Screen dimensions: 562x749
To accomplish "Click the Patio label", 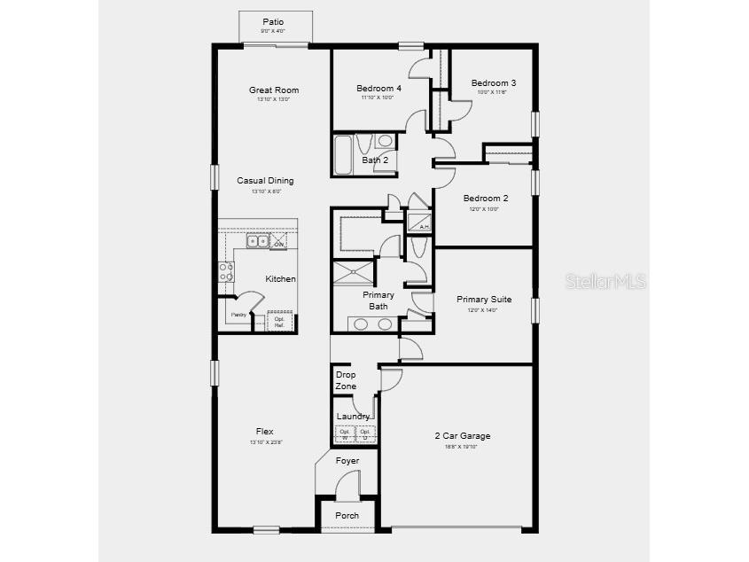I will (x=273, y=22).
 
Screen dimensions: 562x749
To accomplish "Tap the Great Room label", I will (x=273, y=90).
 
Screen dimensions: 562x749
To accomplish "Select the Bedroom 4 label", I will (x=378, y=89).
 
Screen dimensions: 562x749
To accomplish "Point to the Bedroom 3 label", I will (x=494, y=83).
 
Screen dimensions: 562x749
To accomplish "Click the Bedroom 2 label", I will (x=486, y=199).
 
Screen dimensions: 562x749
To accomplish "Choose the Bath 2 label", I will (x=375, y=160).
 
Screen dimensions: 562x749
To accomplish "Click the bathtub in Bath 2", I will (x=342, y=155).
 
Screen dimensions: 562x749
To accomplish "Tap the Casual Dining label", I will (x=265, y=181).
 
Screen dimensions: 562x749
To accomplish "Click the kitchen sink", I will (x=257, y=240).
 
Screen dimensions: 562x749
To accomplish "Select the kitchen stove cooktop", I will (x=226, y=270).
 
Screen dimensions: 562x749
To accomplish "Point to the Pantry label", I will (x=238, y=315).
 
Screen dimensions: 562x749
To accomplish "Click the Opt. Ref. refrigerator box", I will (x=279, y=322).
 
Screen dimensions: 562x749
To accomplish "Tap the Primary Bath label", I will (x=378, y=301).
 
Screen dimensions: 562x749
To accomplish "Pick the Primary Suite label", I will (x=484, y=300).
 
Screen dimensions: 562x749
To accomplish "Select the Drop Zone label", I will (x=346, y=380).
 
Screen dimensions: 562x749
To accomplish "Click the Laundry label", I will (x=354, y=417).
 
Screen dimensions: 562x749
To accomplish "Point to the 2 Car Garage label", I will (x=462, y=436).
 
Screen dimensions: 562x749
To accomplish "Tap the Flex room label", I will (x=264, y=432).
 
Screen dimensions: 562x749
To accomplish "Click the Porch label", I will (x=347, y=516).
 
